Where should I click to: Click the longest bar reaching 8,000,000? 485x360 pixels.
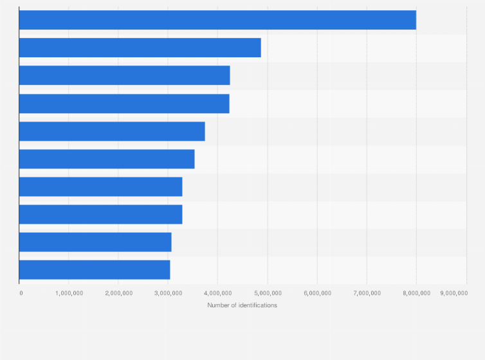(x=217, y=20)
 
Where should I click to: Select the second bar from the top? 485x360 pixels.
(x=140, y=48)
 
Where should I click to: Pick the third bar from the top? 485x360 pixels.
(x=124, y=75)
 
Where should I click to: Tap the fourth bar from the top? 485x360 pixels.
(x=124, y=104)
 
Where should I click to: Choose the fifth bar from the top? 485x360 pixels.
(x=112, y=131)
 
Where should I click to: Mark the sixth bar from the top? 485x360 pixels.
(x=107, y=159)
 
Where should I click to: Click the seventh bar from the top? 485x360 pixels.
(x=100, y=186)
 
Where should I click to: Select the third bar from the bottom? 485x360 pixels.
(x=100, y=214)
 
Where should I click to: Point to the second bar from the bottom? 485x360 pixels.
(x=95, y=242)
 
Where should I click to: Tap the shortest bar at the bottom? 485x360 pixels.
(x=95, y=269)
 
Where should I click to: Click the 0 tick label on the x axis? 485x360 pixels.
(x=21, y=293)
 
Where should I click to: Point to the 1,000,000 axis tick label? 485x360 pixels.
(x=69, y=293)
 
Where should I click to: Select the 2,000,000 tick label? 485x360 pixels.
(x=118, y=293)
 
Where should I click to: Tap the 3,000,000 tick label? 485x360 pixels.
(x=168, y=293)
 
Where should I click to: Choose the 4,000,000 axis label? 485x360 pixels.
(x=217, y=293)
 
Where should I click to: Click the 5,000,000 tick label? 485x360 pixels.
(x=268, y=293)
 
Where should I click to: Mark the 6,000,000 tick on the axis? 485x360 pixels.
(x=317, y=293)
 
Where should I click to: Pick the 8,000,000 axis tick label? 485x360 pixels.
(x=416, y=293)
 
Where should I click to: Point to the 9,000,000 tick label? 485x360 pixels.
(x=454, y=293)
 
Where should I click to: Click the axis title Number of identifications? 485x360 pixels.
(x=243, y=305)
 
